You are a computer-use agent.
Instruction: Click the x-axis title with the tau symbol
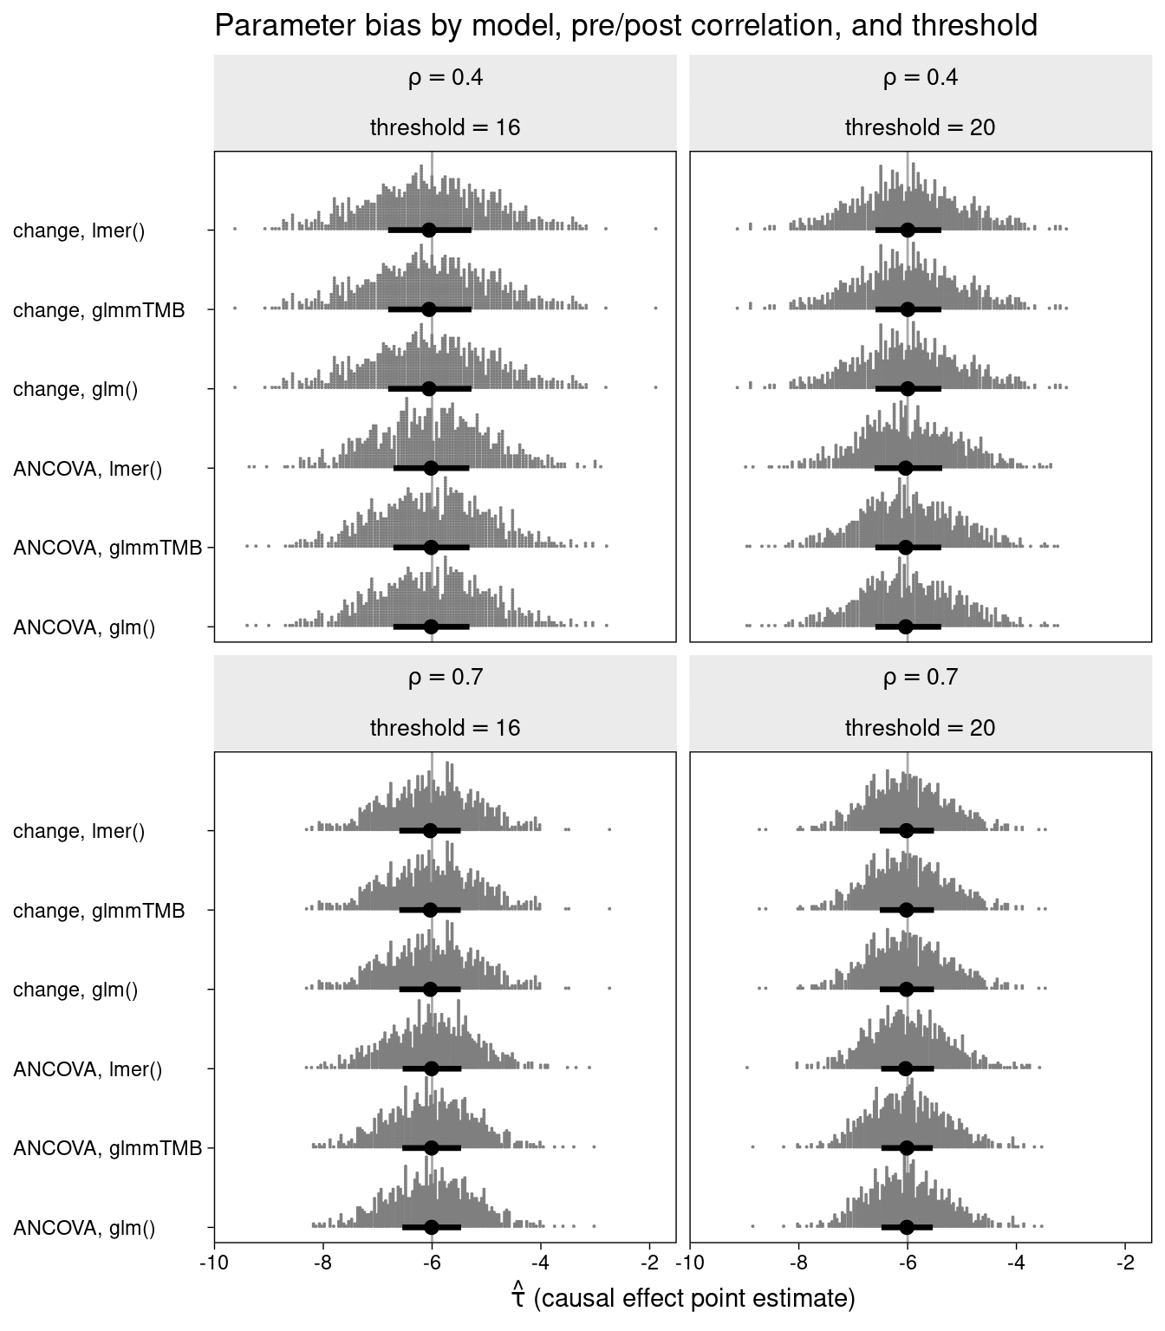(x=683, y=1297)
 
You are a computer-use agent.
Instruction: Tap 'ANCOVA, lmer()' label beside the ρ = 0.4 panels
(x=88, y=469)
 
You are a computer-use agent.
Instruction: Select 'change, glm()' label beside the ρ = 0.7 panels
(x=75, y=990)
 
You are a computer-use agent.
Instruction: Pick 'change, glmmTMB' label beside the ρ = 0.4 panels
(x=99, y=310)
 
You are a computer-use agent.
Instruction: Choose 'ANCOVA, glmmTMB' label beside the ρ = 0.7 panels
(x=107, y=1148)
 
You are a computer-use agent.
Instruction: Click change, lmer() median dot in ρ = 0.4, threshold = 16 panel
(x=428, y=230)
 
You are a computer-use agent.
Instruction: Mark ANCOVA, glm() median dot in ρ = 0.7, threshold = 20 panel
(x=907, y=1227)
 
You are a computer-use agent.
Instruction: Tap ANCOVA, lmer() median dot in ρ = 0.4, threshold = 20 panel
(x=906, y=468)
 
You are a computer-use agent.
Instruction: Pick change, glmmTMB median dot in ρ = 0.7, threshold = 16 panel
(x=430, y=910)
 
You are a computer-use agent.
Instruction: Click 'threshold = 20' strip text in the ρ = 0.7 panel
(x=920, y=728)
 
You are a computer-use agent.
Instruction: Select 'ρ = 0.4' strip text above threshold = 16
(x=445, y=78)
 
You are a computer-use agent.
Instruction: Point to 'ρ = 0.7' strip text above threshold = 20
(x=920, y=677)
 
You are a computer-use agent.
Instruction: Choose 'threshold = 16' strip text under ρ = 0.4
(x=445, y=128)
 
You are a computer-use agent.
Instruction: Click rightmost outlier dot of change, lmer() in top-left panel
(x=655, y=229)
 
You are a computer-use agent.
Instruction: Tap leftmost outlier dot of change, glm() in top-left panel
(x=235, y=387)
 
